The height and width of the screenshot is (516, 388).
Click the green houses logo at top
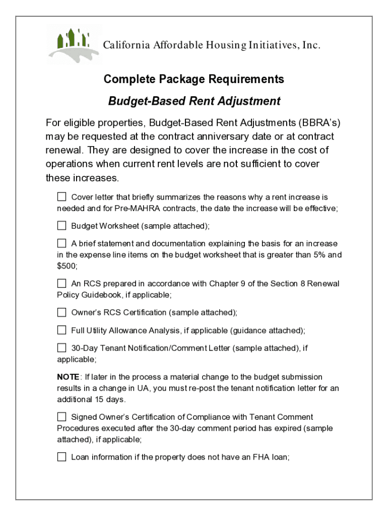coord(74,44)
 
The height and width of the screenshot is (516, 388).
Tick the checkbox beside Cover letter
coord(61,197)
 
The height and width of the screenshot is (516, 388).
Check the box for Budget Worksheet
coord(61,225)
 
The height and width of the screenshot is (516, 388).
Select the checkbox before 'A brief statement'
coord(61,243)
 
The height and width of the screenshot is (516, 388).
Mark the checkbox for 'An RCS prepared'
coord(61,283)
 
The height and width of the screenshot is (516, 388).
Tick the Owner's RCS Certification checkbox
coord(61,312)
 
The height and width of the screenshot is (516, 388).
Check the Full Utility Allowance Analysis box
coord(61,330)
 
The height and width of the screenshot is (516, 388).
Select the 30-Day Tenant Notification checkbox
coord(61,348)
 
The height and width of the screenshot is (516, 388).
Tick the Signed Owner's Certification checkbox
coord(61,417)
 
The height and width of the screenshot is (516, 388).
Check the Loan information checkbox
coord(61,457)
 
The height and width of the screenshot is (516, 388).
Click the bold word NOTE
coord(68,377)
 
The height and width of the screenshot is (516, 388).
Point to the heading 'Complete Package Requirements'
coord(193,79)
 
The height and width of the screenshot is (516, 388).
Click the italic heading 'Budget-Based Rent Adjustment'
coord(194,101)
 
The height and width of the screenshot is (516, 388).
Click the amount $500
coord(66,266)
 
